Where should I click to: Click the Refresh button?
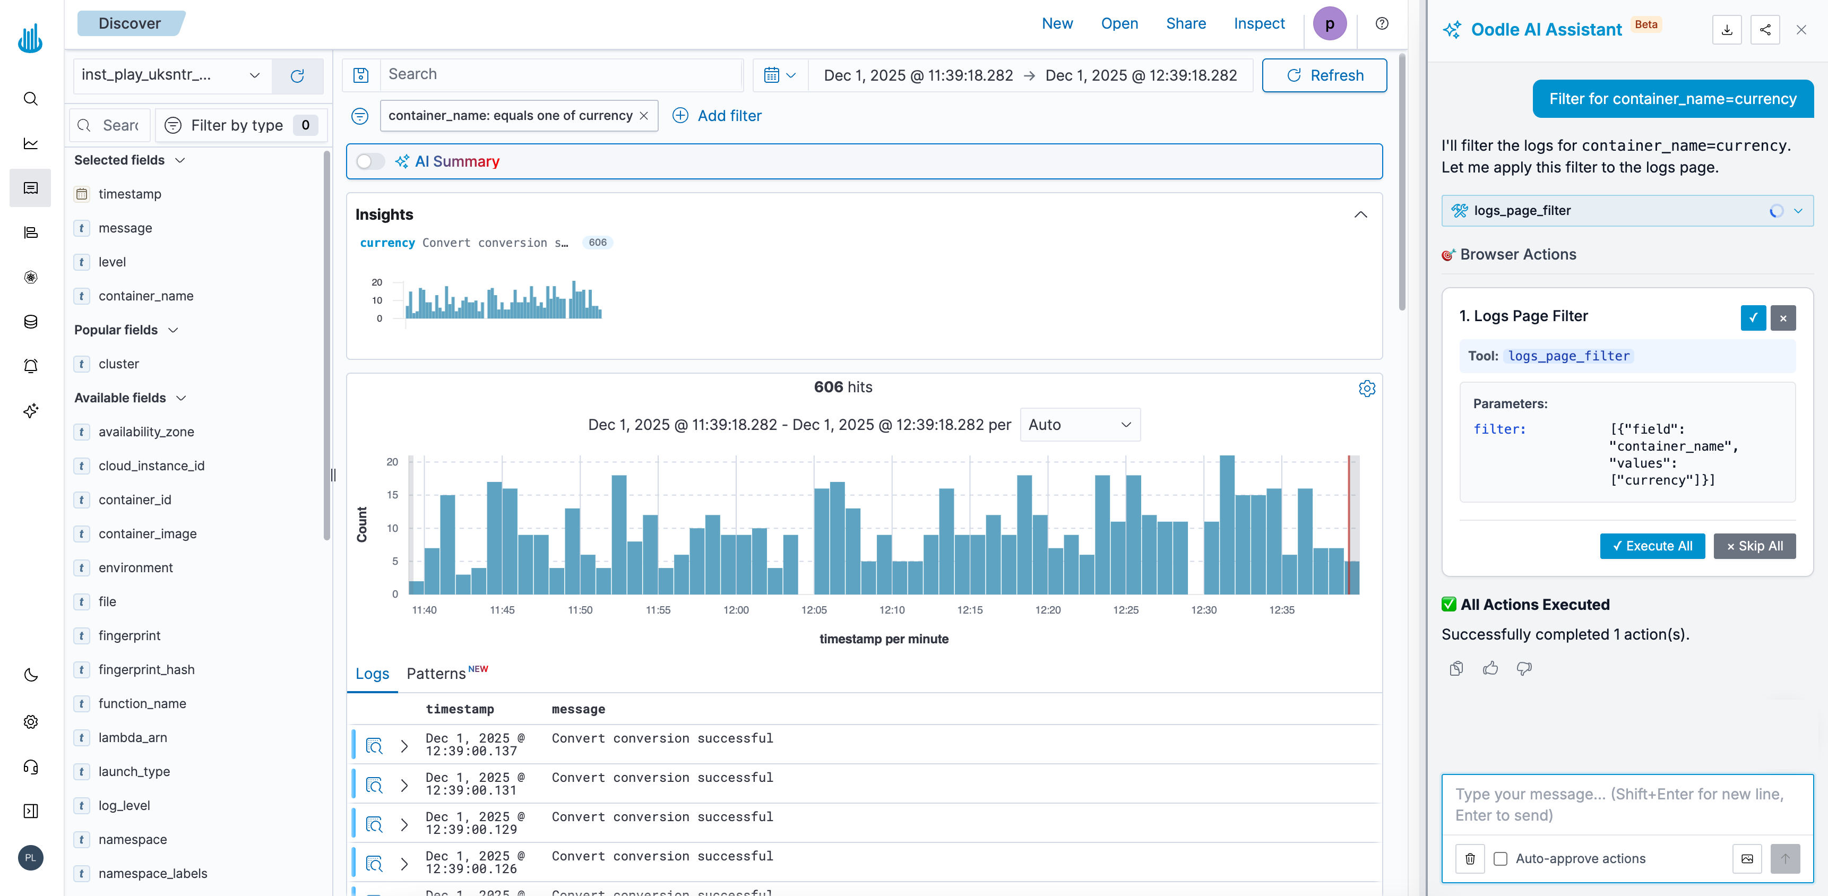[1324, 75]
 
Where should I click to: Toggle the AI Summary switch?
[370, 162]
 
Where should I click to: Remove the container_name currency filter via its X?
[644, 116]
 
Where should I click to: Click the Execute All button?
[1652, 546]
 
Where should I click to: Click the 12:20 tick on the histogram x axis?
[1047, 609]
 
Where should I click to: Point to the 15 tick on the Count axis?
[392, 495]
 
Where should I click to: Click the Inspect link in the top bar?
[1259, 23]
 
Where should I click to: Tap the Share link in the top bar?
[1186, 23]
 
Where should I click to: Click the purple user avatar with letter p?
[1329, 23]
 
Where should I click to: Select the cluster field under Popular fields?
[118, 364]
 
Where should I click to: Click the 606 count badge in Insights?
[598, 243]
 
